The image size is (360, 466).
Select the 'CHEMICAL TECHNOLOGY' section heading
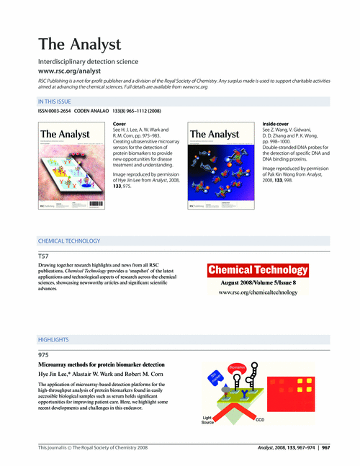coord(69,241)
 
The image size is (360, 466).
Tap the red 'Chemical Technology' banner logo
coord(258,270)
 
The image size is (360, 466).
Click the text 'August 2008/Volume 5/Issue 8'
coord(258,283)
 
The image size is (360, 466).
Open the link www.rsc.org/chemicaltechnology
coord(258,294)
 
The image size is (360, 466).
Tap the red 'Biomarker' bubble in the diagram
coord(238,369)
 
